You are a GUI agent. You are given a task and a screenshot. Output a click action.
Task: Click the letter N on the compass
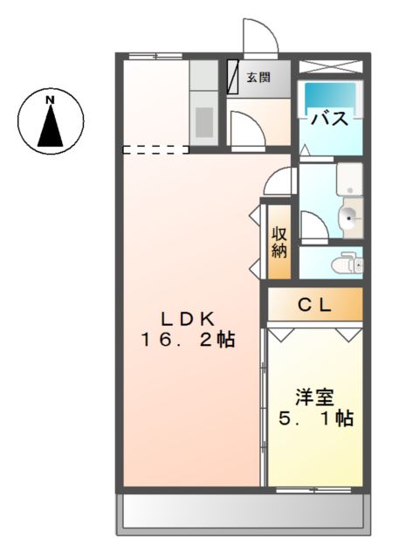(x=51, y=100)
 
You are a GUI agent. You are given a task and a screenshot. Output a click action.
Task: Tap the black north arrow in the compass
(x=51, y=127)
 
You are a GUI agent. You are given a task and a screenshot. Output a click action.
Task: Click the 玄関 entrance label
(x=258, y=77)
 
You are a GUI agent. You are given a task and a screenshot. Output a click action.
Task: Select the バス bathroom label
(x=330, y=119)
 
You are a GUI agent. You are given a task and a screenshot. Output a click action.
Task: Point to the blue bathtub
(x=330, y=95)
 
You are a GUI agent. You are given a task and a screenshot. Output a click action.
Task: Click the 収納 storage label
(x=279, y=243)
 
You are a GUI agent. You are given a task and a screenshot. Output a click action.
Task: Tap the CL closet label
(x=315, y=305)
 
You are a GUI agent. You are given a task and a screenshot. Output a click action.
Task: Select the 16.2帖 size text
(x=188, y=340)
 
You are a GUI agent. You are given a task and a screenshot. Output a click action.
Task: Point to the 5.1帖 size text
(x=316, y=418)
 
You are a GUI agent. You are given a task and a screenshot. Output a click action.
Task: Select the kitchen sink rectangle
(x=204, y=121)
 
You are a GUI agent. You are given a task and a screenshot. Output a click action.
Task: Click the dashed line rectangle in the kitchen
(x=155, y=149)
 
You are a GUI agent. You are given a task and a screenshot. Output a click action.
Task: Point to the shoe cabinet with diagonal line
(x=232, y=77)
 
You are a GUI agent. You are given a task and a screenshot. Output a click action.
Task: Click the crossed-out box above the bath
(x=330, y=66)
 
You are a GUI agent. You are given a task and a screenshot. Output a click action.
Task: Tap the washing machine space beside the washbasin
(x=349, y=179)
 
